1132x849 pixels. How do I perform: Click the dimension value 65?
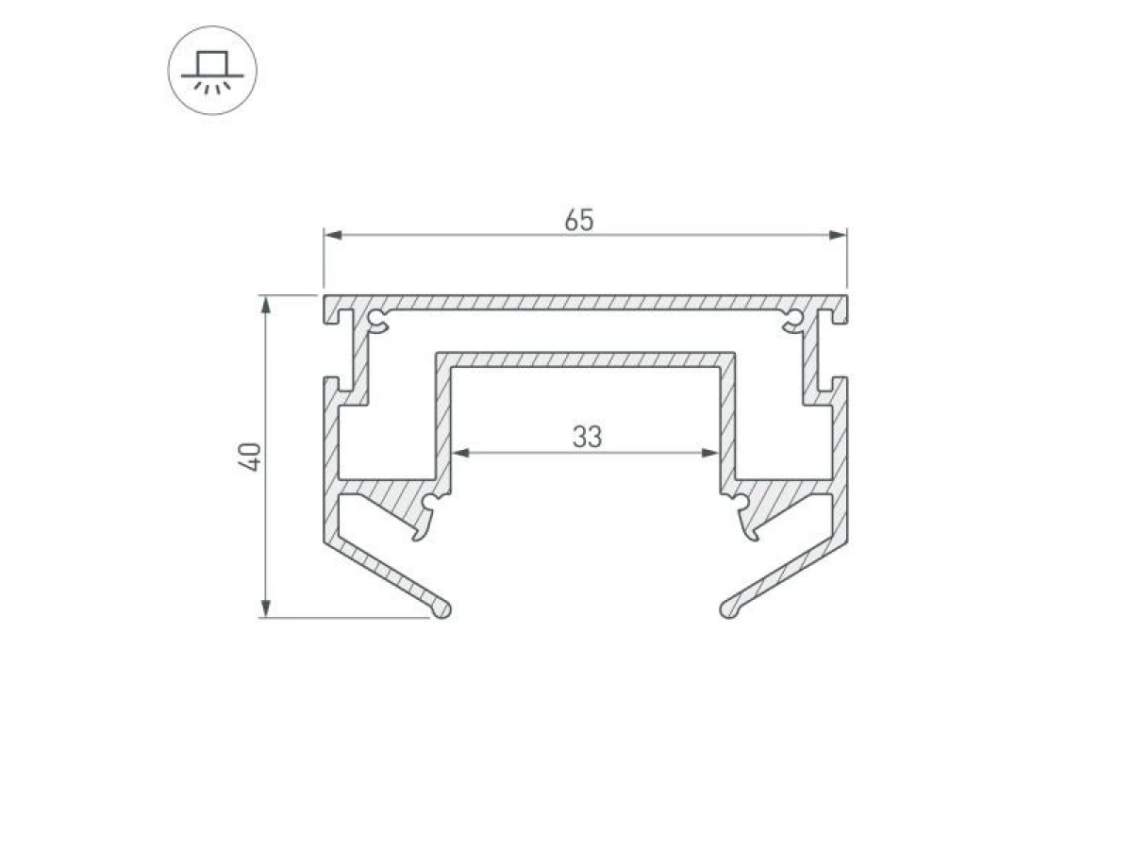point(578,220)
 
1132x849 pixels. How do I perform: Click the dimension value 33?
point(587,437)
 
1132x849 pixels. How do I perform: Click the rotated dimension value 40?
point(250,457)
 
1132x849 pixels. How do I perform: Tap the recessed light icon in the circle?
point(212,71)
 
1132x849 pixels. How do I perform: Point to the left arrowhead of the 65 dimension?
point(333,235)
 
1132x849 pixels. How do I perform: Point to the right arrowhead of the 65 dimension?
point(838,235)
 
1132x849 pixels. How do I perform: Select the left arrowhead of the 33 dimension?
point(460,453)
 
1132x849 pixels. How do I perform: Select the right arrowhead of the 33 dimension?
point(710,453)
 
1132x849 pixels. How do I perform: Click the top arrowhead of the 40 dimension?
point(266,305)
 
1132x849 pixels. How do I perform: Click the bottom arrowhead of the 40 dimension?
point(266,608)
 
